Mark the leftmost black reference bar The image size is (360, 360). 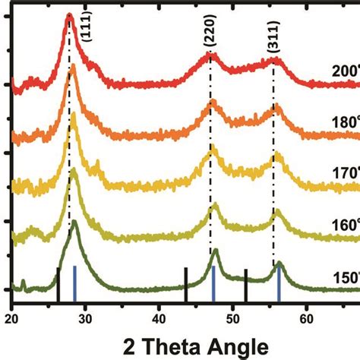coord(58,284)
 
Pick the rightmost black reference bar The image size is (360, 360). coord(245,285)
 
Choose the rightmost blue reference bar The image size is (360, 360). coord(279,283)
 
